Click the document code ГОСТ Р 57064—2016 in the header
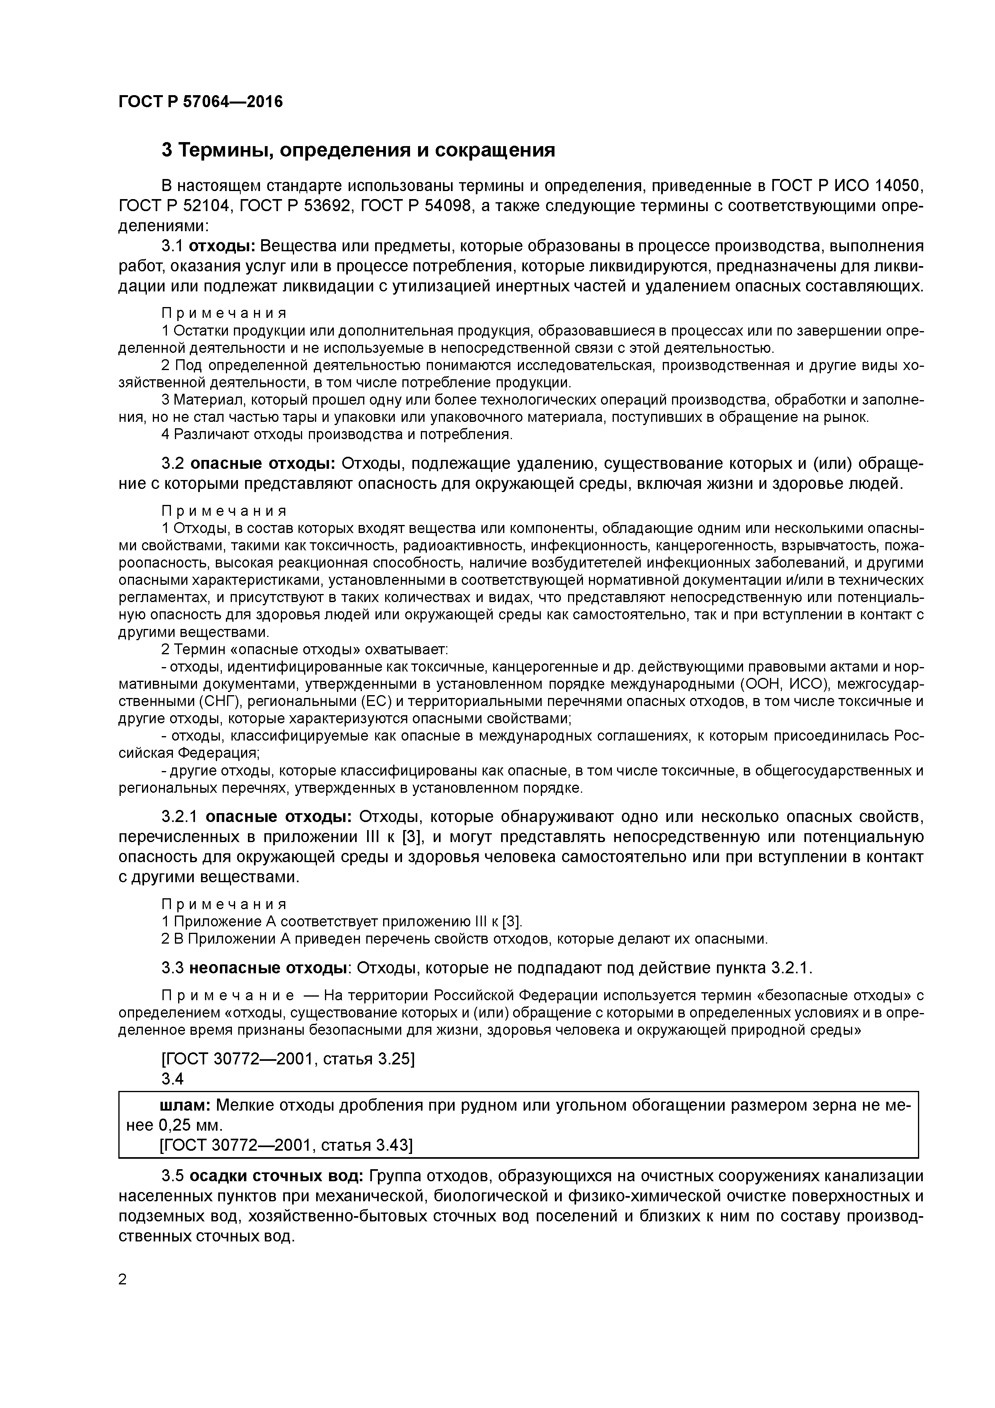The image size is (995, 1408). pyautogui.click(x=201, y=102)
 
